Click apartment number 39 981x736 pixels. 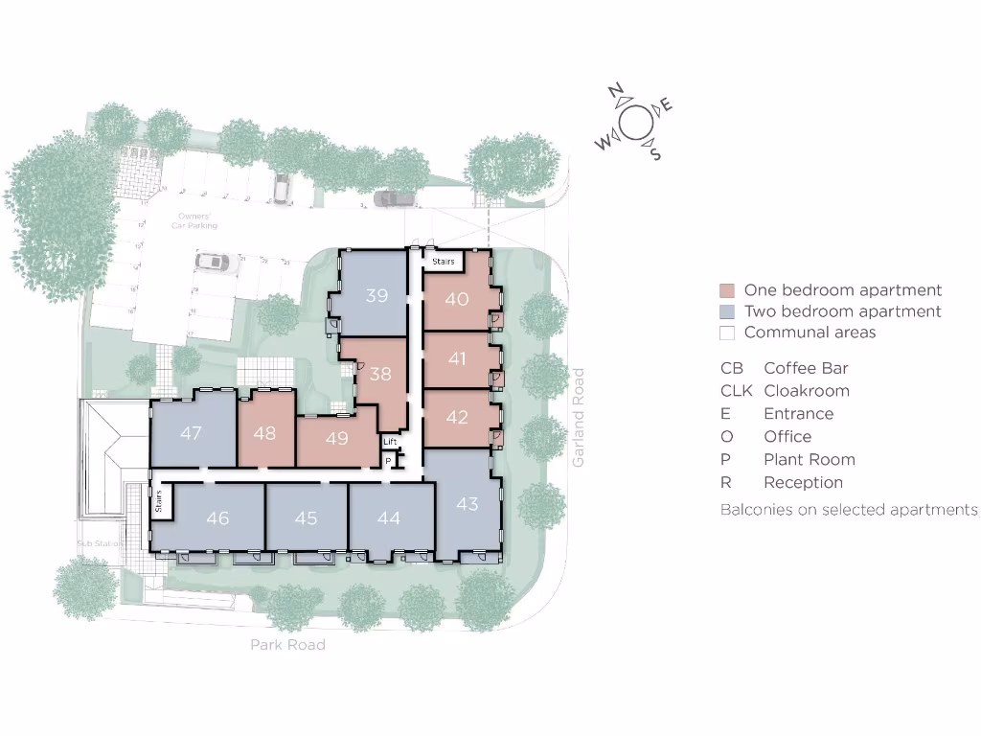[x=376, y=295]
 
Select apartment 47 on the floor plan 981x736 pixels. [x=191, y=433]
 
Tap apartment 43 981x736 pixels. [x=467, y=503]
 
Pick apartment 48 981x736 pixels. [x=264, y=433]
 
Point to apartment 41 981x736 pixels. [x=457, y=358]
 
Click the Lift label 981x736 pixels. [x=390, y=442]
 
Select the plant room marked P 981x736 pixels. [x=388, y=461]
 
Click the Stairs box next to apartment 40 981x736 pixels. [x=443, y=261]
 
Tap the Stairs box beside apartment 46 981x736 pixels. [x=160, y=501]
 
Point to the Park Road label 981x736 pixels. [x=287, y=645]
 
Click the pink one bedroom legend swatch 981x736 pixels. [x=727, y=290]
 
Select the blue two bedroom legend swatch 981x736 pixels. [x=727, y=311]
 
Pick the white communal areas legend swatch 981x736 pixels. [x=727, y=333]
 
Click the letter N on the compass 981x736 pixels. [x=616, y=93]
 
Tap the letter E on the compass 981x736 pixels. [x=666, y=105]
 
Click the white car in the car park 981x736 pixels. [x=212, y=261]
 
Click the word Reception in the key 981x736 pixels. [x=803, y=482]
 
